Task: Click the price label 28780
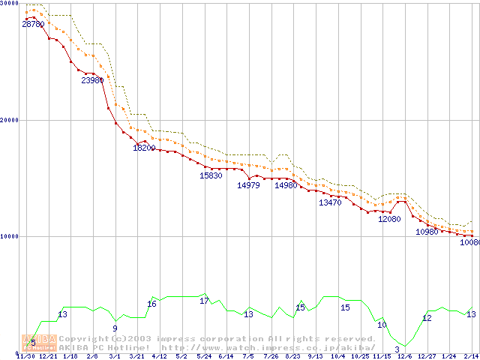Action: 32,25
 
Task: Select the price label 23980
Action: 92,80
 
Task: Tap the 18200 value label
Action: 144,148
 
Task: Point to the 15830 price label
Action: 211,175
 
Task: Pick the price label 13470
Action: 330,202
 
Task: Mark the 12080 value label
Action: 389,219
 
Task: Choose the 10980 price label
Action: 427,232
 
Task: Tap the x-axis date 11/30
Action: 25,356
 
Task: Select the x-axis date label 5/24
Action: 204,356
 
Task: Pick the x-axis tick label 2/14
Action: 471,356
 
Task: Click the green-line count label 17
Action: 204,301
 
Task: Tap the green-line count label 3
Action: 397,349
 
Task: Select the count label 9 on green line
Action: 115,328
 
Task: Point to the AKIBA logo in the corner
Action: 38,343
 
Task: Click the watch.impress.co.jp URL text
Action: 268,347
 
